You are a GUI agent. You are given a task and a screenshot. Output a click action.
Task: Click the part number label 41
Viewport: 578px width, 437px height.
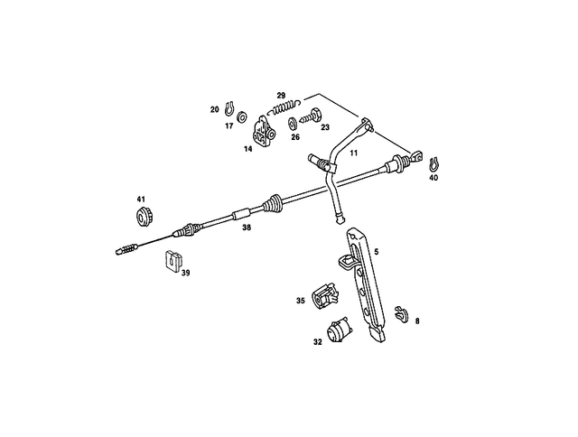[141, 199]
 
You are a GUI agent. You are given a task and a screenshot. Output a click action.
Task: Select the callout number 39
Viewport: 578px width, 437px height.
[185, 270]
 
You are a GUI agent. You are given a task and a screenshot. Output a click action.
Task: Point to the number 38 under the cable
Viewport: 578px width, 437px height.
[247, 228]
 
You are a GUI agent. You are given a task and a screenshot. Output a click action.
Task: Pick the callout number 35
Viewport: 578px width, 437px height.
[300, 301]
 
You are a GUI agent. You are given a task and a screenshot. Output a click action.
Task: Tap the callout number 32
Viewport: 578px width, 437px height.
[317, 342]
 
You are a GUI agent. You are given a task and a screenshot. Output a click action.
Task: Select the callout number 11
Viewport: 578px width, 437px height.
[354, 153]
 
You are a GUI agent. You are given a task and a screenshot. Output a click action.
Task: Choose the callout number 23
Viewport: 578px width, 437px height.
[325, 127]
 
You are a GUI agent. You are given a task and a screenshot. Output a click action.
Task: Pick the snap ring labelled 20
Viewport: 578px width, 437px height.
[229, 109]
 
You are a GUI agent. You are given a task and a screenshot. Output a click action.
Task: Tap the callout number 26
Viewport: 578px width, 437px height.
[295, 138]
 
